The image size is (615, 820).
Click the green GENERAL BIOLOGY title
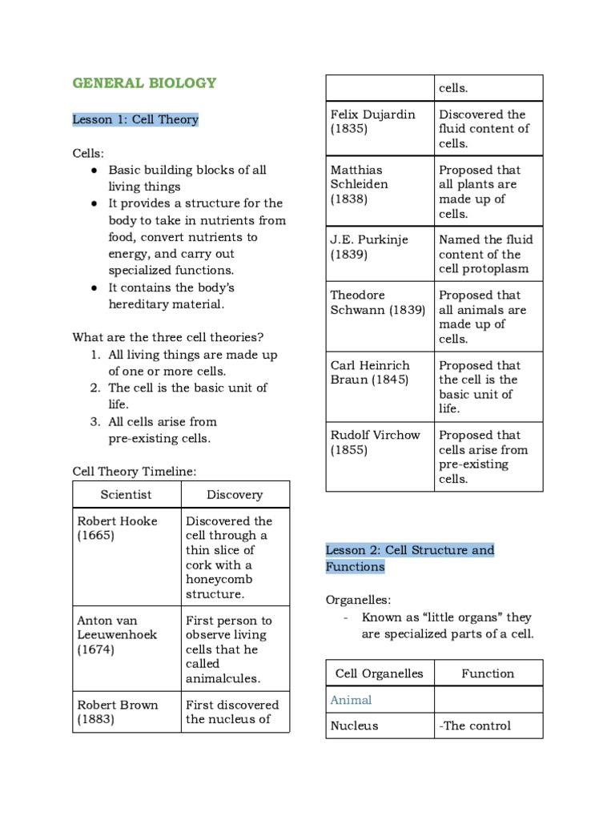point(144,83)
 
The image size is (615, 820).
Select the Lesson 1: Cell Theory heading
point(135,119)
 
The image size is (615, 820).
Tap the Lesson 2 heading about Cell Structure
point(409,558)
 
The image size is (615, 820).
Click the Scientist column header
point(126,495)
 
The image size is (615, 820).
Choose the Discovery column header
point(235,495)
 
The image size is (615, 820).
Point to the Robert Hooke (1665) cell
point(117,528)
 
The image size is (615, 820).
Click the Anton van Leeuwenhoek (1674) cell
point(117,635)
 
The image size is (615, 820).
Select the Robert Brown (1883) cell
point(117,712)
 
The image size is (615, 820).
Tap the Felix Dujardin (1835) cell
point(372,121)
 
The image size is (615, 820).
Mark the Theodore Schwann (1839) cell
point(377,303)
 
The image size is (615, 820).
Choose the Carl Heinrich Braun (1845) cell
point(374,372)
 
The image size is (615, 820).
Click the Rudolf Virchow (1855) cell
point(375,442)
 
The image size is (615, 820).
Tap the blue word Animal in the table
point(351,700)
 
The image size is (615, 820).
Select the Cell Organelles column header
point(379,673)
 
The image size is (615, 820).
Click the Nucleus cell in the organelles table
point(354,726)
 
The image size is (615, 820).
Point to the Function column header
point(488,673)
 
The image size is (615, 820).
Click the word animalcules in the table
point(223,678)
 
